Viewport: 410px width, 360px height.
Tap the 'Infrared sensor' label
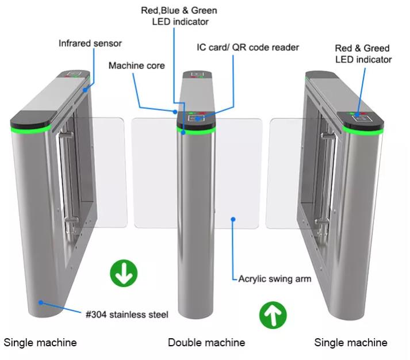[x=90, y=43]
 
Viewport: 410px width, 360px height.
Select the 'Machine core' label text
[x=136, y=66]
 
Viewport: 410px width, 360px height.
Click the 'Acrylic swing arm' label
[x=275, y=279]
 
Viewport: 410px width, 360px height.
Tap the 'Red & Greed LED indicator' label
[x=363, y=54]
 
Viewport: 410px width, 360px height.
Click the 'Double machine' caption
[x=206, y=343]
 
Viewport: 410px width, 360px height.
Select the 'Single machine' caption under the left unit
[x=40, y=343]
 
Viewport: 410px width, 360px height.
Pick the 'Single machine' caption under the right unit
[x=351, y=343]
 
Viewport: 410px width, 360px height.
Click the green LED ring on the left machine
[x=30, y=128]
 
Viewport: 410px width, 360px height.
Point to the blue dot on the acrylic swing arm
[x=233, y=218]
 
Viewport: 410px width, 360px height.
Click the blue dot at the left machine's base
[x=41, y=301]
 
